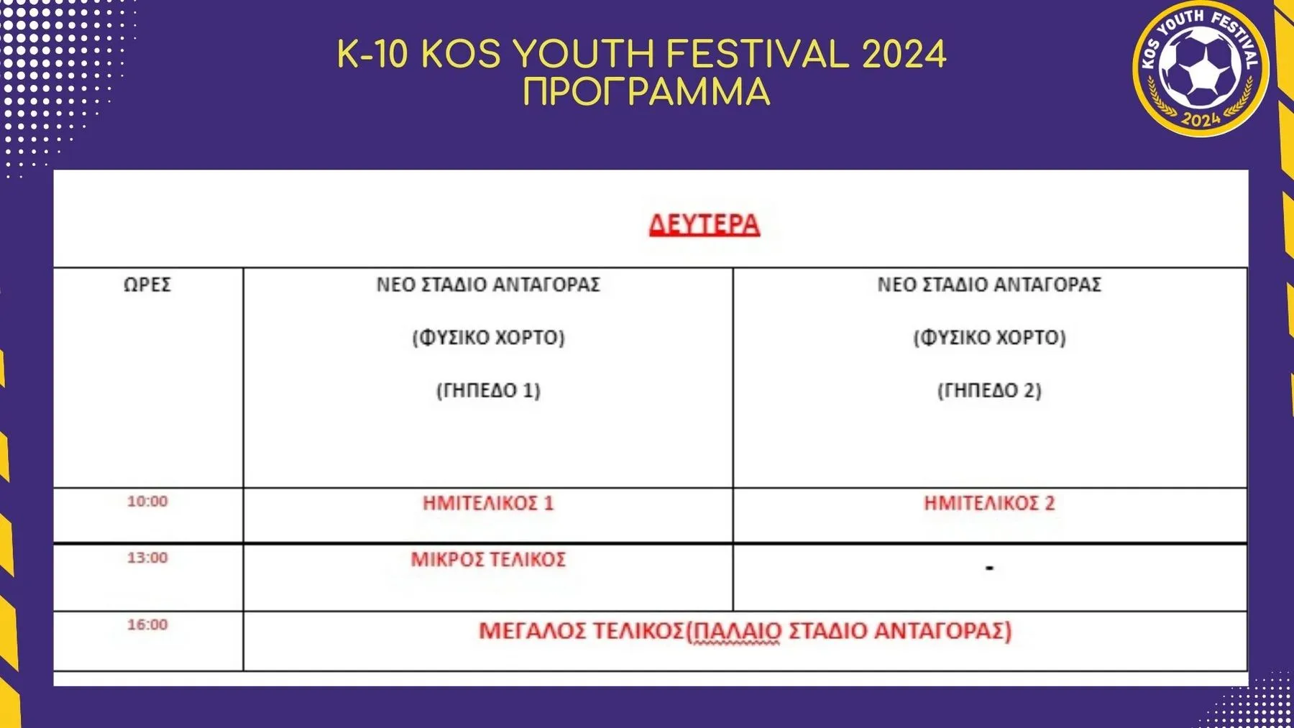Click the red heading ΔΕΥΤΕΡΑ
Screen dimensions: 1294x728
(x=704, y=224)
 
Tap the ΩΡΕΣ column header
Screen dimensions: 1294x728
(x=147, y=285)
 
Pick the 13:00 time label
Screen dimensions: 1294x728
(x=147, y=558)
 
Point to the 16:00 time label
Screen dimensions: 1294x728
(x=147, y=625)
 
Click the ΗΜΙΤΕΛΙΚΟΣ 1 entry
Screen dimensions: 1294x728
(x=488, y=503)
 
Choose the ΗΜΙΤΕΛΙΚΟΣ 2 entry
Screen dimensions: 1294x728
(x=989, y=503)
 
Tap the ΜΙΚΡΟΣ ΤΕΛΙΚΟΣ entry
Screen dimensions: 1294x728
(x=488, y=559)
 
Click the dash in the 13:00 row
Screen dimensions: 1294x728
(x=989, y=568)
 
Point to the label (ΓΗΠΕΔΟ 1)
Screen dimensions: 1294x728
(x=488, y=390)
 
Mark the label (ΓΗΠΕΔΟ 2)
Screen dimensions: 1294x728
(x=989, y=390)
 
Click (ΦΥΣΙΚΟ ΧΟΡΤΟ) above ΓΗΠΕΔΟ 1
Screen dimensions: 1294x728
(x=488, y=337)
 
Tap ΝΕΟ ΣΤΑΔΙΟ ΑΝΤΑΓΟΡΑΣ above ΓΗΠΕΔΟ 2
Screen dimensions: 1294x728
(x=989, y=285)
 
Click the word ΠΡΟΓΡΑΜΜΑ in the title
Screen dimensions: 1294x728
(x=646, y=92)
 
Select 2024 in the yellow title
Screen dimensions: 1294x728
(x=904, y=54)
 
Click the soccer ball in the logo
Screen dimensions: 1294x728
(x=1200, y=68)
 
